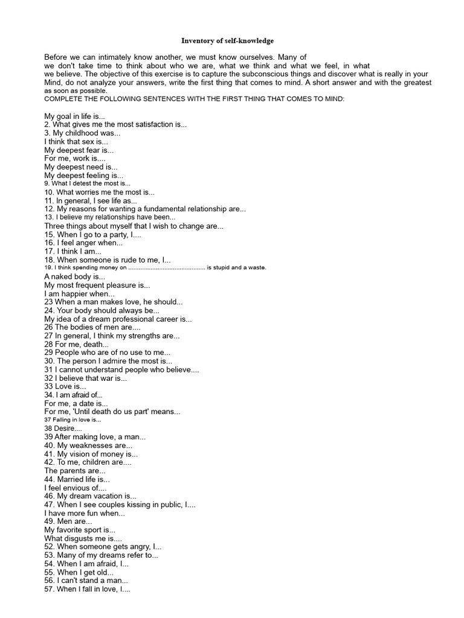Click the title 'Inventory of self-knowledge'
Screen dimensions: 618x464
click(227, 41)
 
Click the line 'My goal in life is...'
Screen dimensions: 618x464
click(75, 115)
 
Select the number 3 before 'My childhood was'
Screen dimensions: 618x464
click(47, 132)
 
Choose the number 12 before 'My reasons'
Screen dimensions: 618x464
click(50, 209)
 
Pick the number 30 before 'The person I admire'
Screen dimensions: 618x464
click(50, 361)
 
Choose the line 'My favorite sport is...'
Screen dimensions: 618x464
click(80, 529)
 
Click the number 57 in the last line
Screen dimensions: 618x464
click(50, 588)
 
